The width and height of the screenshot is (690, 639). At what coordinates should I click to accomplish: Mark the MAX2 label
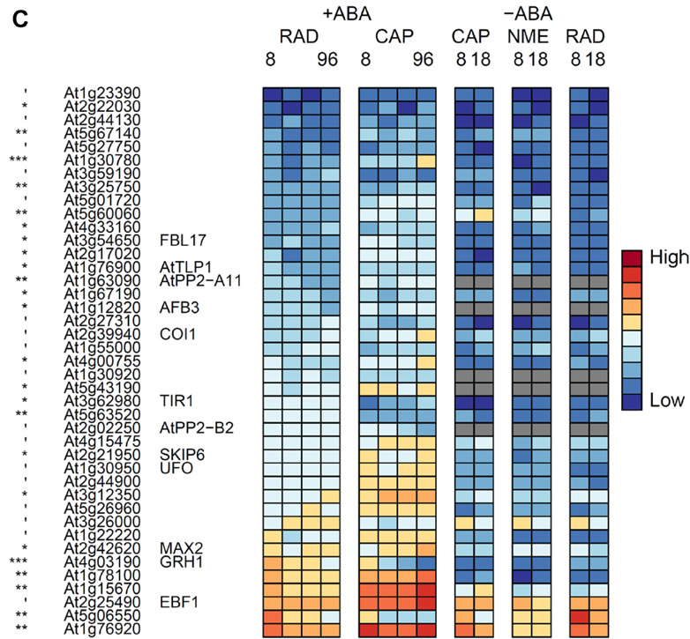[176, 547]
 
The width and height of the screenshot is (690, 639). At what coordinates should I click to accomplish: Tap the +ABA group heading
[349, 15]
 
